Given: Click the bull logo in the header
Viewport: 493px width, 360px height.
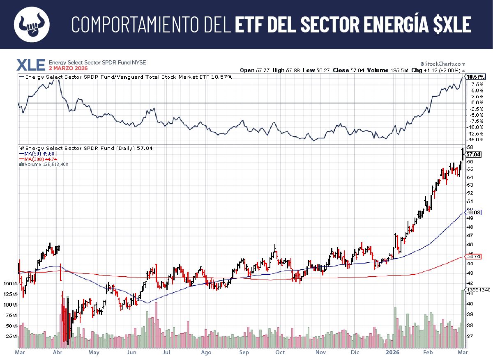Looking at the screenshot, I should [32, 24].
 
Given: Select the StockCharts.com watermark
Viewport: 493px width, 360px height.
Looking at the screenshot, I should [445, 64].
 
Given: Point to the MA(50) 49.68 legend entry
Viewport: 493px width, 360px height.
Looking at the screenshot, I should [37, 153].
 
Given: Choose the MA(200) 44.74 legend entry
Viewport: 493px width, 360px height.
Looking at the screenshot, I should [38, 158].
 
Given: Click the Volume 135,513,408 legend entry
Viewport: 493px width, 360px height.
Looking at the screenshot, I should [44, 164].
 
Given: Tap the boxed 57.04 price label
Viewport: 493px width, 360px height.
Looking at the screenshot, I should [474, 154].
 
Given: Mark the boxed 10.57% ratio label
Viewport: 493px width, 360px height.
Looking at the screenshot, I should [476, 77].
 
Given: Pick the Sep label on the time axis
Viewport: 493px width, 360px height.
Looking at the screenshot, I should [244, 352].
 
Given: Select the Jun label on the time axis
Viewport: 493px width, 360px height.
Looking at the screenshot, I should [131, 352].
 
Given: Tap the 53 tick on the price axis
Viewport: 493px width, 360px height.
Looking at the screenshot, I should [470, 185].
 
